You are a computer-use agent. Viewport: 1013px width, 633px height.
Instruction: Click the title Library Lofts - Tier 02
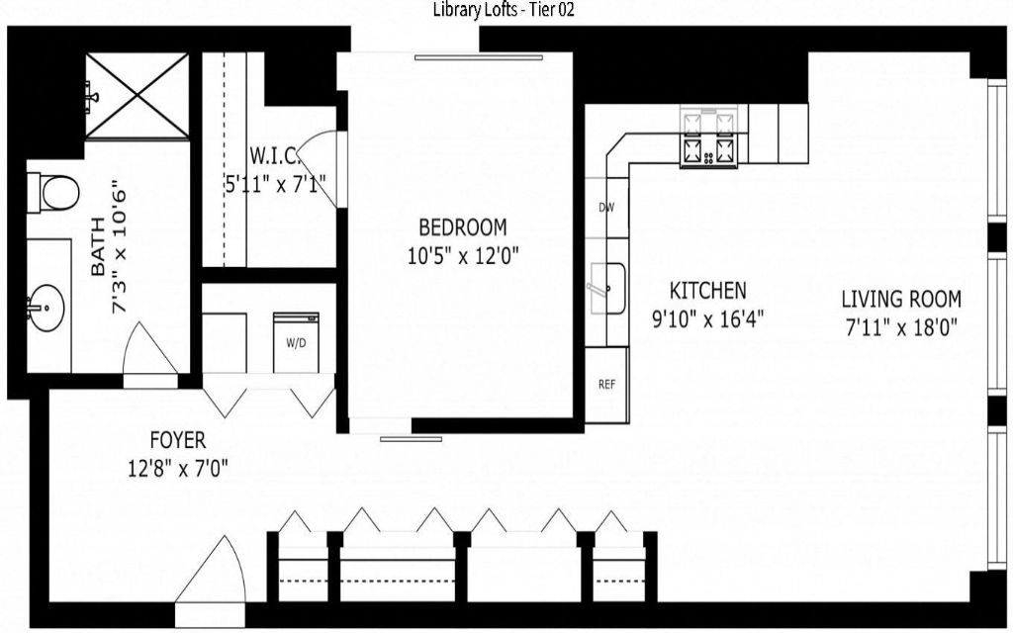coord(504,10)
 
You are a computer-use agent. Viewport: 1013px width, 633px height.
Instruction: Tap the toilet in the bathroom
coord(53,193)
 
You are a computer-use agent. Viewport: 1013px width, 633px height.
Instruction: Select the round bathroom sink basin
coord(47,308)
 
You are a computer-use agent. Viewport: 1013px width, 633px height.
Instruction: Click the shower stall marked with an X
coord(138,96)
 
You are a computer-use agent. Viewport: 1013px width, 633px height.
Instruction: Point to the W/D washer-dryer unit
coord(296,342)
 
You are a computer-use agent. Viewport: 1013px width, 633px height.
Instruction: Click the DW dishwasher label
coord(606,208)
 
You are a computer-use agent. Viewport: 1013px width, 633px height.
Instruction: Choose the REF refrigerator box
coord(606,385)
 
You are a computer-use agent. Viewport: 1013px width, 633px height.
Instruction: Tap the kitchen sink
coord(606,288)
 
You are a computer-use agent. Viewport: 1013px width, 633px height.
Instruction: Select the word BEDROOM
coord(463,227)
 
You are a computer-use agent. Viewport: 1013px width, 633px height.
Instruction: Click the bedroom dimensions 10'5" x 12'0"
coord(463,256)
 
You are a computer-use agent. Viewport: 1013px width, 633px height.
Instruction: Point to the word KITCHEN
coord(707,291)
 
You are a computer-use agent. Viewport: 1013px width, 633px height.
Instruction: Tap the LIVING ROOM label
coord(901,299)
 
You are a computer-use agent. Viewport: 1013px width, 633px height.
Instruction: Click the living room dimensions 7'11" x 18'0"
coord(901,327)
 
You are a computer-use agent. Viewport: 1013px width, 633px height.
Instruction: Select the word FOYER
coord(178,440)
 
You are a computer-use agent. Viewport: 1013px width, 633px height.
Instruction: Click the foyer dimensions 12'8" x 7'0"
coord(178,468)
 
